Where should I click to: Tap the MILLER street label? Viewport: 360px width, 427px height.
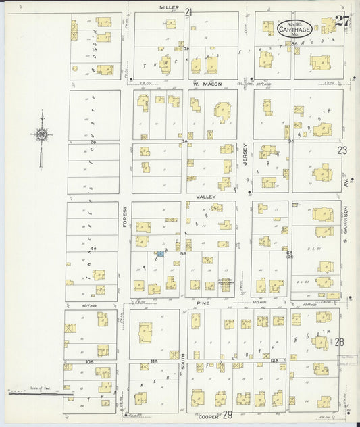point(170,7)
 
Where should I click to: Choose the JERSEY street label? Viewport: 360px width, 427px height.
point(246,155)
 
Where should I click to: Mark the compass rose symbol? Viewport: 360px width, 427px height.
point(42,134)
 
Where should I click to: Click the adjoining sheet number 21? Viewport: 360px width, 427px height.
point(188,12)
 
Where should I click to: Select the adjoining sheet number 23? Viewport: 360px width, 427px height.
point(342,150)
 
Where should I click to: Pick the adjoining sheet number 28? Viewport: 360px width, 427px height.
point(339,342)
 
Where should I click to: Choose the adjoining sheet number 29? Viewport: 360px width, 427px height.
point(228,415)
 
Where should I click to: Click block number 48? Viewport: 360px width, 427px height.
point(94,249)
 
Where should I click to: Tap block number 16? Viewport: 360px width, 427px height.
point(95,49)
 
